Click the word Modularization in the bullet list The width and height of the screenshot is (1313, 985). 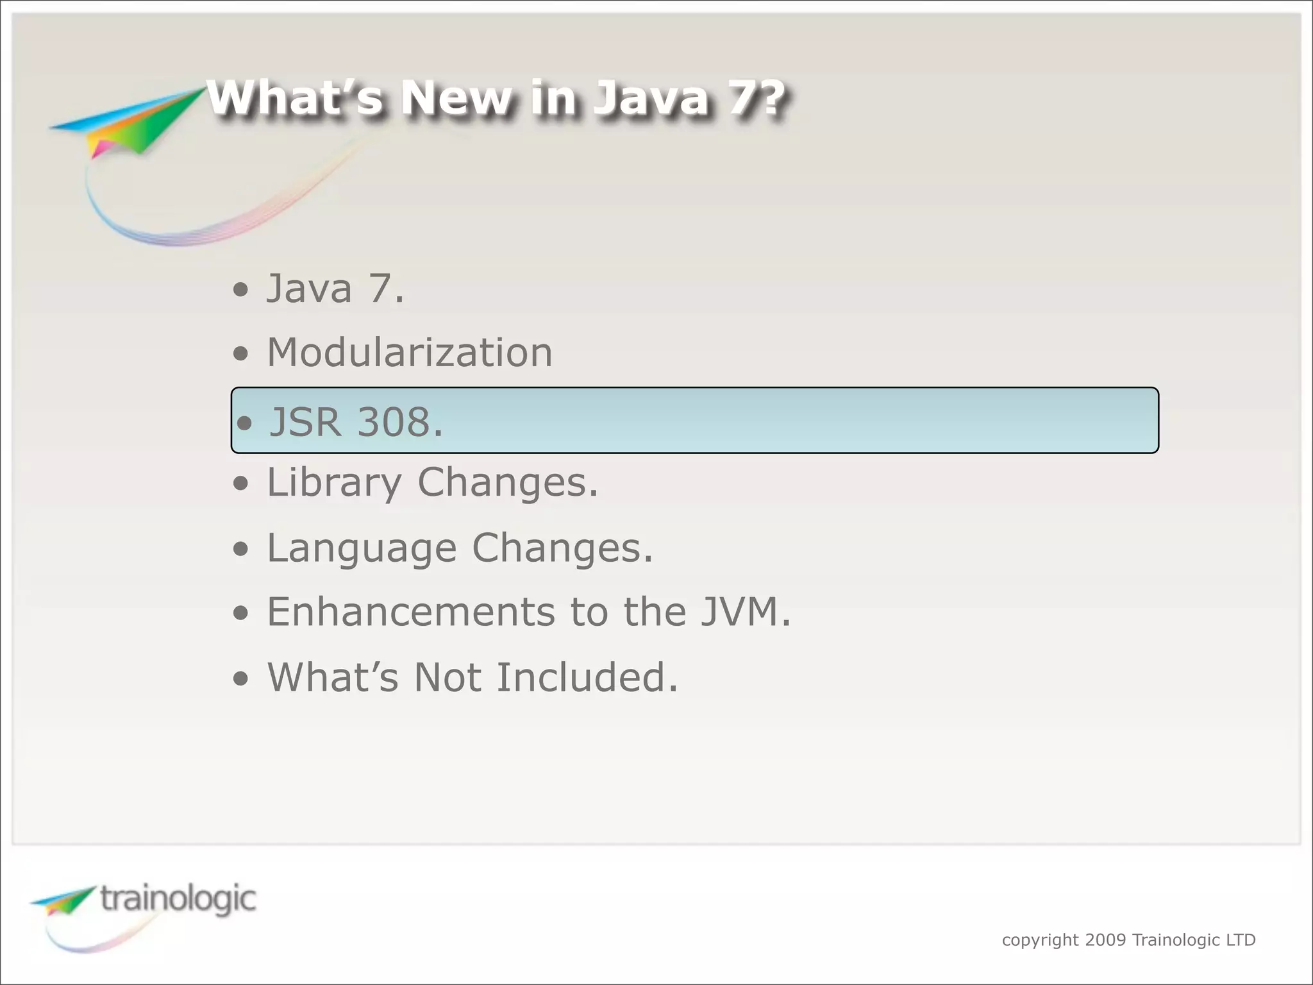point(409,353)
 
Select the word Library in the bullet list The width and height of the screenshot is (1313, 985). point(334,483)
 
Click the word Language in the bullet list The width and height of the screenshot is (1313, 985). point(362,548)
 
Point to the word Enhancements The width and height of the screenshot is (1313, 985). point(410,612)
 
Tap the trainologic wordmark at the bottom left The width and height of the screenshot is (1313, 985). point(178,899)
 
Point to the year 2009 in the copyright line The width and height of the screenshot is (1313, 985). point(1105,940)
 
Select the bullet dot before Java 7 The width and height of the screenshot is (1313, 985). point(240,290)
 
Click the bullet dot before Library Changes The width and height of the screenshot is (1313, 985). point(240,485)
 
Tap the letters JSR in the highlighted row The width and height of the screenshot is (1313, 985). point(305,422)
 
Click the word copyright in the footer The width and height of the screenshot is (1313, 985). point(1040,941)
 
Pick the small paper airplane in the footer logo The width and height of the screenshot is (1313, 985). point(64,900)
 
